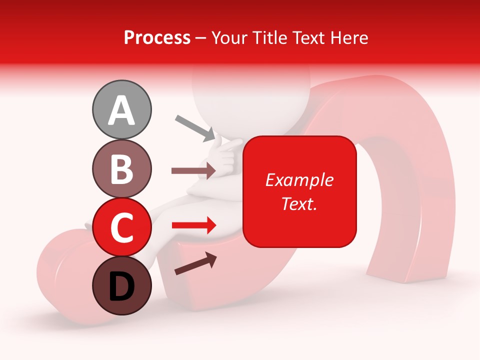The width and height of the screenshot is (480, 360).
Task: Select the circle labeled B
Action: click(121, 168)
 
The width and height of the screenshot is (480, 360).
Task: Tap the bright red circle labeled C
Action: click(121, 227)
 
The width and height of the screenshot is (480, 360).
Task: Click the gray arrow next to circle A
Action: click(195, 128)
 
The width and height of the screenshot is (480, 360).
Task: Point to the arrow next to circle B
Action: click(193, 171)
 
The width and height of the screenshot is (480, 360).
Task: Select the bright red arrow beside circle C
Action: click(194, 225)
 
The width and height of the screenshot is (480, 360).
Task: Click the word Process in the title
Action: click(157, 38)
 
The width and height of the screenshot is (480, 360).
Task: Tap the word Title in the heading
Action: click(269, 38)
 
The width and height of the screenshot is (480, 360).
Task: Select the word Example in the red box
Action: click(299, 180)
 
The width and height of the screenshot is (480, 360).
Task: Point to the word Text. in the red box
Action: click(299, 203)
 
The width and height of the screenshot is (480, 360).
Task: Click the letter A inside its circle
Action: click(121, 110)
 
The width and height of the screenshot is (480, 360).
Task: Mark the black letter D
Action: click(121, 286)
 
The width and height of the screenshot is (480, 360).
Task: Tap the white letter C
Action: click(121, 228)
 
